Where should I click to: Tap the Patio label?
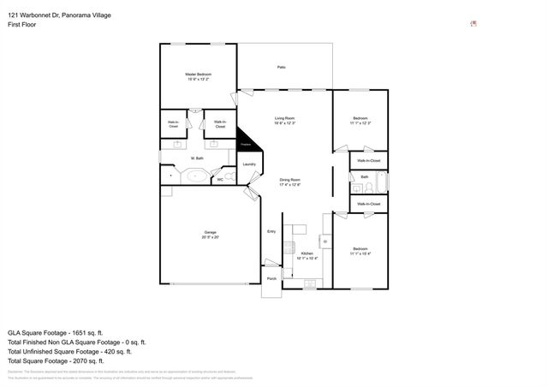pyautogui.click(x=281, y=67)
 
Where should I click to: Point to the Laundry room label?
pyautogui.click(x=249, y=164)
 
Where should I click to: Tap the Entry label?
pyautogui.click(x=271, y=231)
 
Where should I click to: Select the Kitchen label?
pyautogui.click(x=307, y=254)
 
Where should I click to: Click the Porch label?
pyautogui.click(x=271, y=279)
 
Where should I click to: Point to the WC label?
pyautogui.click(x=220, y=180)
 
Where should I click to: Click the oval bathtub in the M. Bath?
pyautogui.click(x=195, y=177)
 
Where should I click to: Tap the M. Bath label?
pyautogui.click(x=197, y=158)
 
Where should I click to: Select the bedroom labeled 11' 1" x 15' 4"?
pyautogui.click(x=360, y=251)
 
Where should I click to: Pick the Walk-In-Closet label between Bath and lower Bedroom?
pyautogui.click(x=368, y=204)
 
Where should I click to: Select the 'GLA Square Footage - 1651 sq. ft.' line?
pyautogui.click(x=55, y=331)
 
